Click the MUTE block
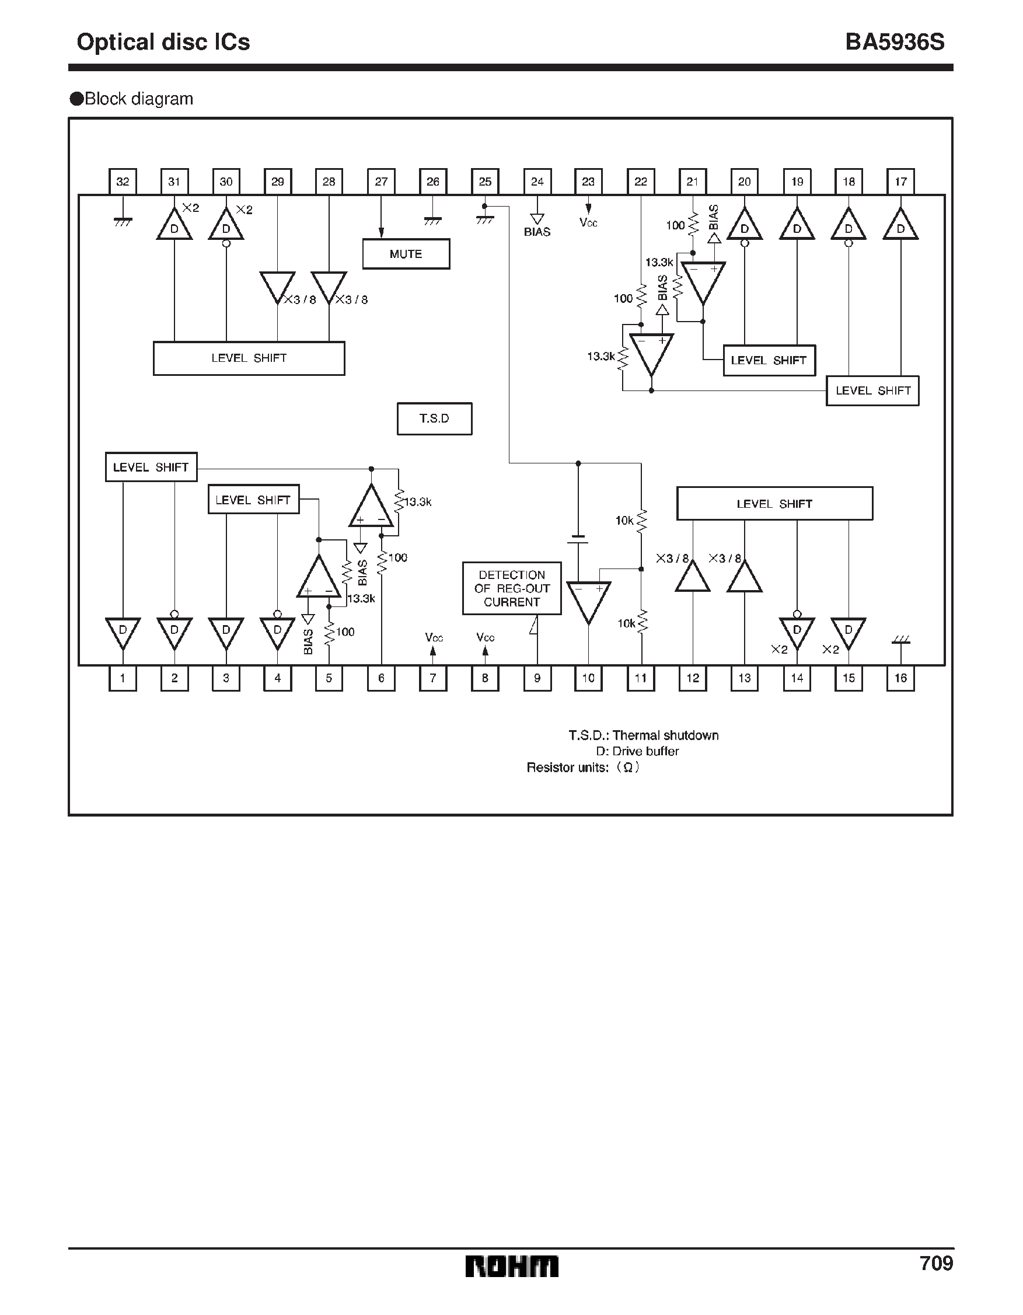pos(406,254)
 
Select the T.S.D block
pos(434,418)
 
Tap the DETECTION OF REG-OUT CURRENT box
pos(512,588)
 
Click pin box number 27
pos(381,182)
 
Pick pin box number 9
pos(537,678)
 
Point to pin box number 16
pos(900,678)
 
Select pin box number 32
pos(123,182)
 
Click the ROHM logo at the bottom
pos(511,1266)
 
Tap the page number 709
pos(935,1262)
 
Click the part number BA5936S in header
pos(894,42)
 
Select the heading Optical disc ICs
pos(163,42)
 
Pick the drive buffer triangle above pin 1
pos(123,632)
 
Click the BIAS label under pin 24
pos(537,232)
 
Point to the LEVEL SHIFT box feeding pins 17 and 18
pos(872,391)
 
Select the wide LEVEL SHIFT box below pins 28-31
pos(249,358)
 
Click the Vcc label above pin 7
pos(434,637)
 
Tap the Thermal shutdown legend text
pos(643,735)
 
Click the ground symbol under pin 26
pos(432,221)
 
